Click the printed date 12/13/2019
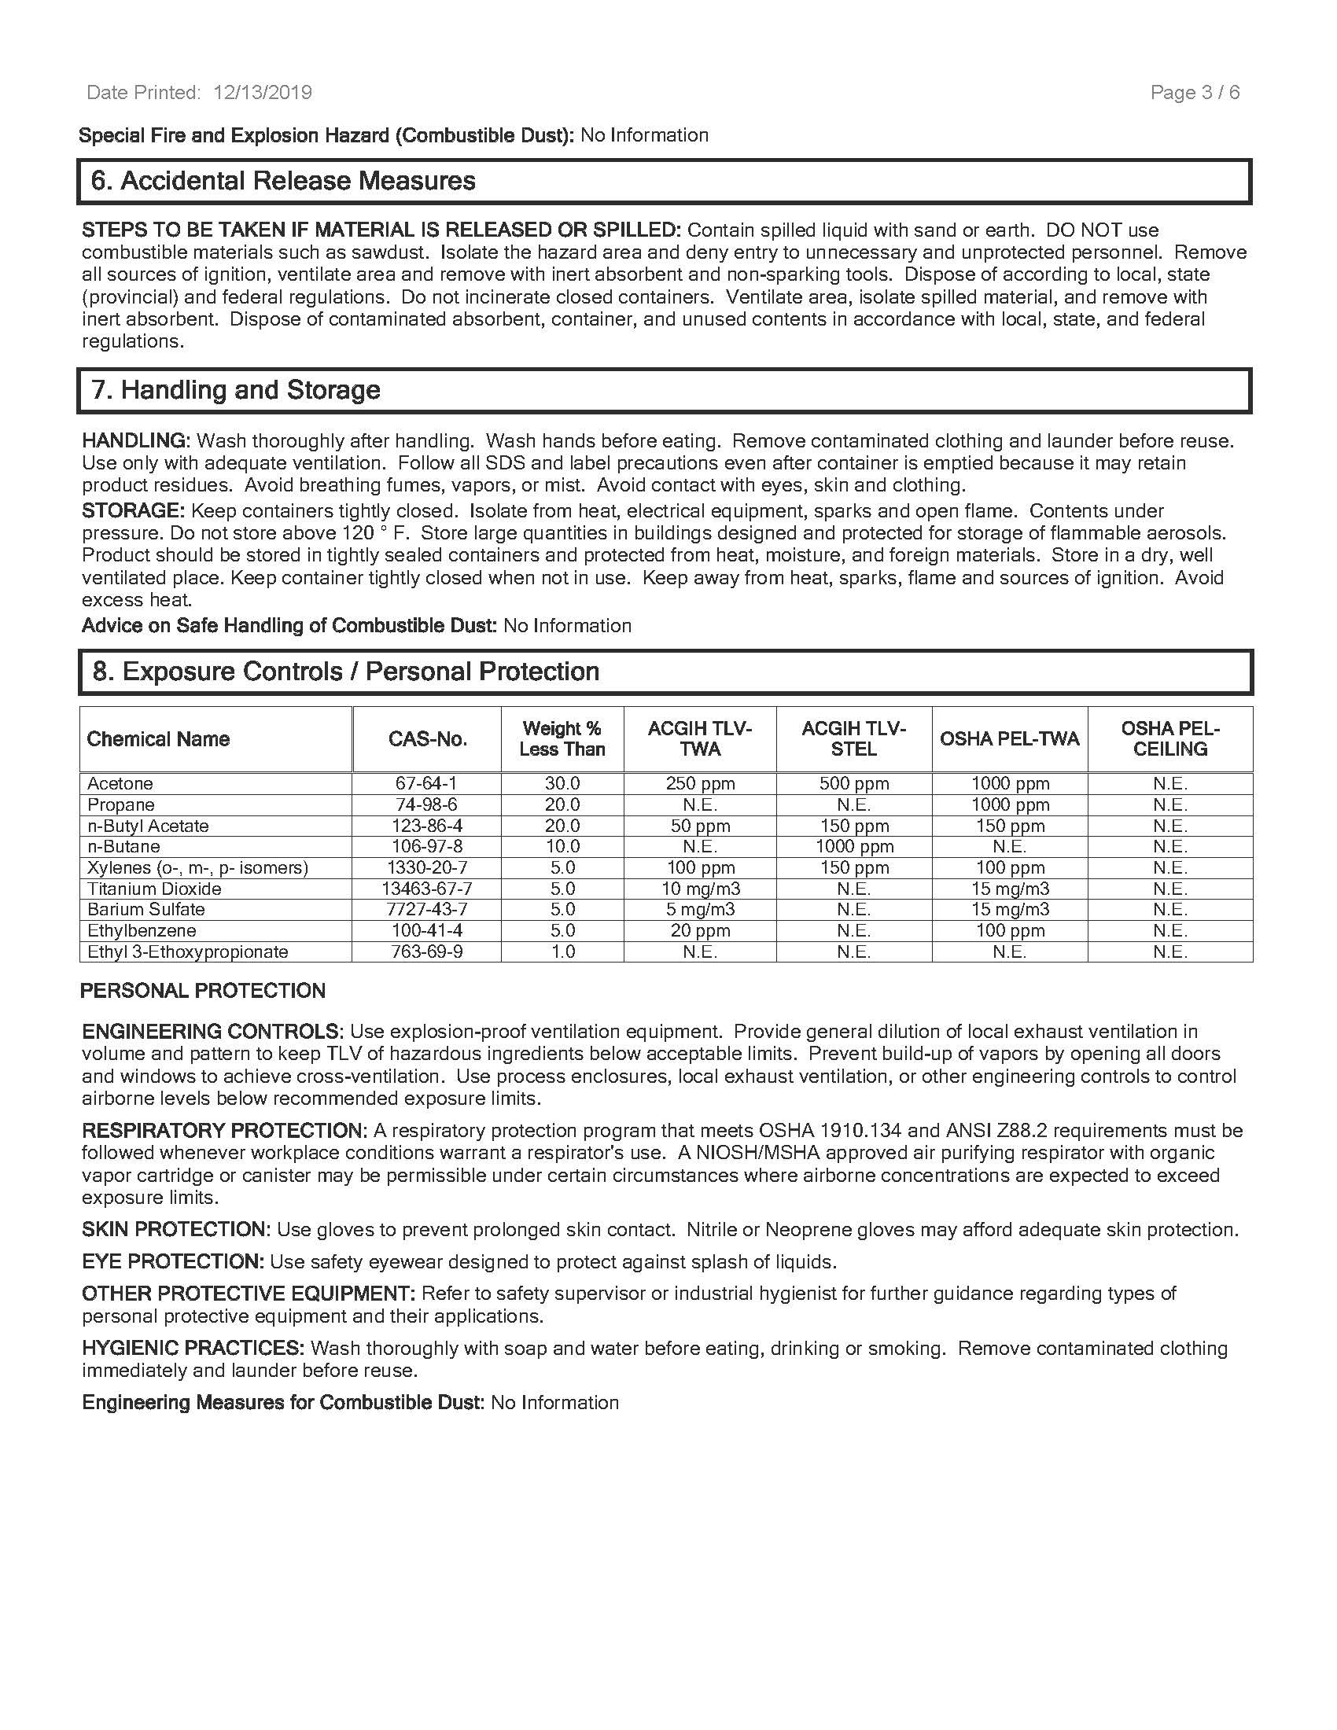click(262, 93)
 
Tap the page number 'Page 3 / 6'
click(1195, 93)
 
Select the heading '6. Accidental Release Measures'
click(283, 182)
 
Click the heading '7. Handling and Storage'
click(236, 390)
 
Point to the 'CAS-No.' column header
click(427, 739)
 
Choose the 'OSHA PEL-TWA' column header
click(1009, 739)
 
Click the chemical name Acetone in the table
click(120, 783)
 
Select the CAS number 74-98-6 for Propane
click(426, 804)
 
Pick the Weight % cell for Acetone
click(562, 783)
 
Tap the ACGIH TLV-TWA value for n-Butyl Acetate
click(700, 826)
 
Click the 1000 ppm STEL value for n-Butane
click(854, 847)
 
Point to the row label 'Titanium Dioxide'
click(154, 889)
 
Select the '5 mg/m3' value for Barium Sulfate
click(700, 909)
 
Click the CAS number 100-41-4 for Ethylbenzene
click(426, 931)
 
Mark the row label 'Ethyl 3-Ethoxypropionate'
click(188, 952)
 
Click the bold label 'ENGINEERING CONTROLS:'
click(212, 1032)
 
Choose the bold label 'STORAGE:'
click(133, 511)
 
